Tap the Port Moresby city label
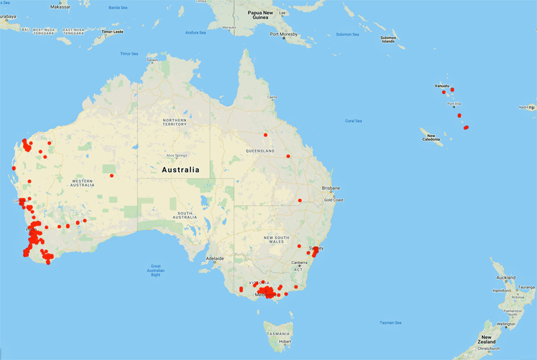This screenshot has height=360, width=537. tap(283, 34)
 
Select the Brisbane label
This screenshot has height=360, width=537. tap(331, 188)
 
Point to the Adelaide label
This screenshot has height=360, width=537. tap(215, 259)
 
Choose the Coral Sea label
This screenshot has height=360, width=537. tap(353, 121)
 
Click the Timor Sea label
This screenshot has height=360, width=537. tap(129, 54)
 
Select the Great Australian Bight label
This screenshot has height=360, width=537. tap(156, 270)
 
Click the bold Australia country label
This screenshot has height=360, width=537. tap(181, 171)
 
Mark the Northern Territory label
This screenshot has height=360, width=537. tap(175, 122)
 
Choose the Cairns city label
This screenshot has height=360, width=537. tap(272, 98)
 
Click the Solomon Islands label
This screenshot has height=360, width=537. tap(388, 39)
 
